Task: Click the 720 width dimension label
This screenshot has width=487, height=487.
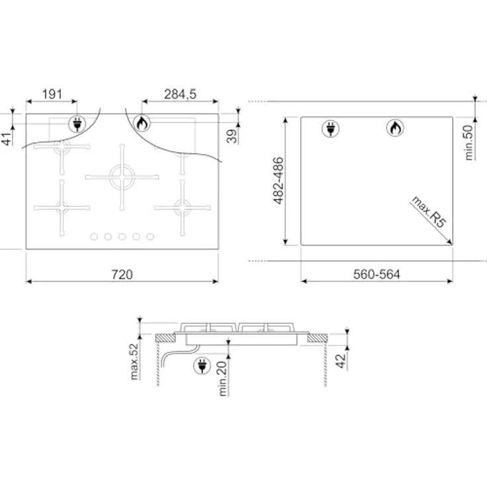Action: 122,274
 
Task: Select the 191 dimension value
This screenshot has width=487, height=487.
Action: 52,94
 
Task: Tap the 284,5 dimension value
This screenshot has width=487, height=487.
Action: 180,94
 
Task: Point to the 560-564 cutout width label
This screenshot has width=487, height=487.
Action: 376,274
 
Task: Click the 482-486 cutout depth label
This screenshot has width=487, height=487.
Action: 279,181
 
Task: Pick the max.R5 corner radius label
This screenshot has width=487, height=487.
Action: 429,212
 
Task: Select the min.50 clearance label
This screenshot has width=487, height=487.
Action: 469,142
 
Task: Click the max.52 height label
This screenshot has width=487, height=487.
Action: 134,361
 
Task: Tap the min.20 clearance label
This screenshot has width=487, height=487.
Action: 223,378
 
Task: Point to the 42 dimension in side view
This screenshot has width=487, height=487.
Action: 341,361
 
